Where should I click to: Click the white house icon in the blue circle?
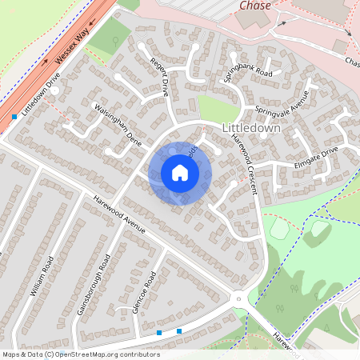tap(180, 173)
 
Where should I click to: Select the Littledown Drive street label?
tap(42, 96)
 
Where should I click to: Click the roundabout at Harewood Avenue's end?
tap(238, 299)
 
